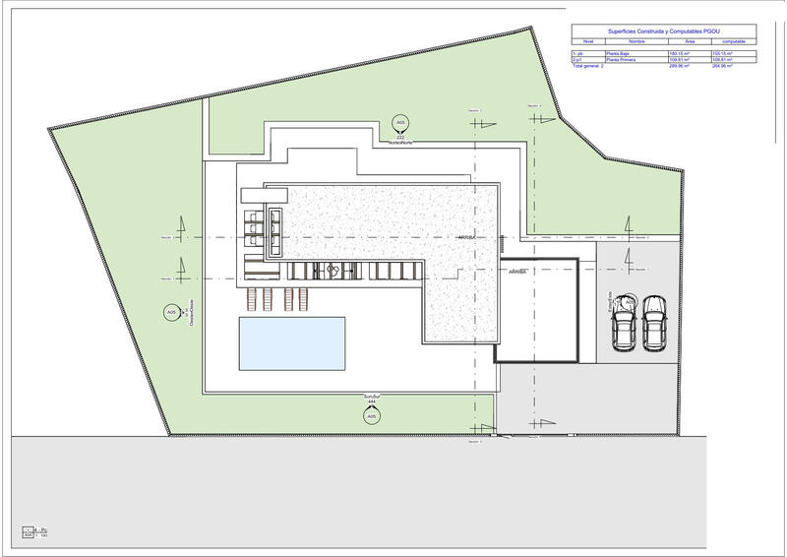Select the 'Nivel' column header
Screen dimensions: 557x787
[587, 41]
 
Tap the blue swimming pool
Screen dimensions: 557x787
[292, 343]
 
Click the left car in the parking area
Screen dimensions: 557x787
[624, 323]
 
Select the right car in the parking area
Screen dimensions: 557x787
[654, 323]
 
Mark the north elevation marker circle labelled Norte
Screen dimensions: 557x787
[399, 123]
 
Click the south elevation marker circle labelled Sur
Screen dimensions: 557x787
[371, 417]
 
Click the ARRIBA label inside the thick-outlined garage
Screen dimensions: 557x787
[517, 273]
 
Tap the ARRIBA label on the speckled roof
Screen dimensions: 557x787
[466, 238]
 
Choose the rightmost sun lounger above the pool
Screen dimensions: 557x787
[304, 297]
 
